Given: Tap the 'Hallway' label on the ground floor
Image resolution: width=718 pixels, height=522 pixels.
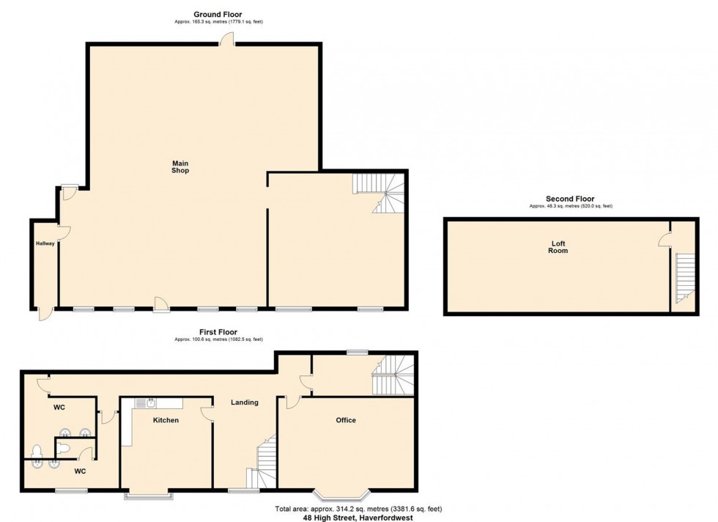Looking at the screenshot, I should tap(45, 243).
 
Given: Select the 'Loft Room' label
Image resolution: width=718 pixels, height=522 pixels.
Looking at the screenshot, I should tap(558, 246).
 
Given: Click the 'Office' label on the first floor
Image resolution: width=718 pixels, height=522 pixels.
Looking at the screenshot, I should tap(346, 420).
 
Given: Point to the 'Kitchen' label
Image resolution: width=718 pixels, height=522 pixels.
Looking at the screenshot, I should tap(166, 420).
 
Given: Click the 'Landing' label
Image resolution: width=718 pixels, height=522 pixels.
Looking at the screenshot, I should tap(244, 402).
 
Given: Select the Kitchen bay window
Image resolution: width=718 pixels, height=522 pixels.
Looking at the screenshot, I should tap(149, 496).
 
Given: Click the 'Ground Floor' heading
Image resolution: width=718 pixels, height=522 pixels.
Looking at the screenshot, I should tap(218, 14).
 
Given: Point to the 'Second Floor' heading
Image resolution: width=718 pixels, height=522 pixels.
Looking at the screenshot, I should tap(570, 199).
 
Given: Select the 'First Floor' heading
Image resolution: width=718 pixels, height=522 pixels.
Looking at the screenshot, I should tap(218, 332).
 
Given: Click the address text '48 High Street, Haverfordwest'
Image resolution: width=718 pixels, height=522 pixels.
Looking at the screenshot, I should tap(358, 517).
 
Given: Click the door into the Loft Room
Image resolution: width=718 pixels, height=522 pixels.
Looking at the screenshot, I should tap(665, 238).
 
